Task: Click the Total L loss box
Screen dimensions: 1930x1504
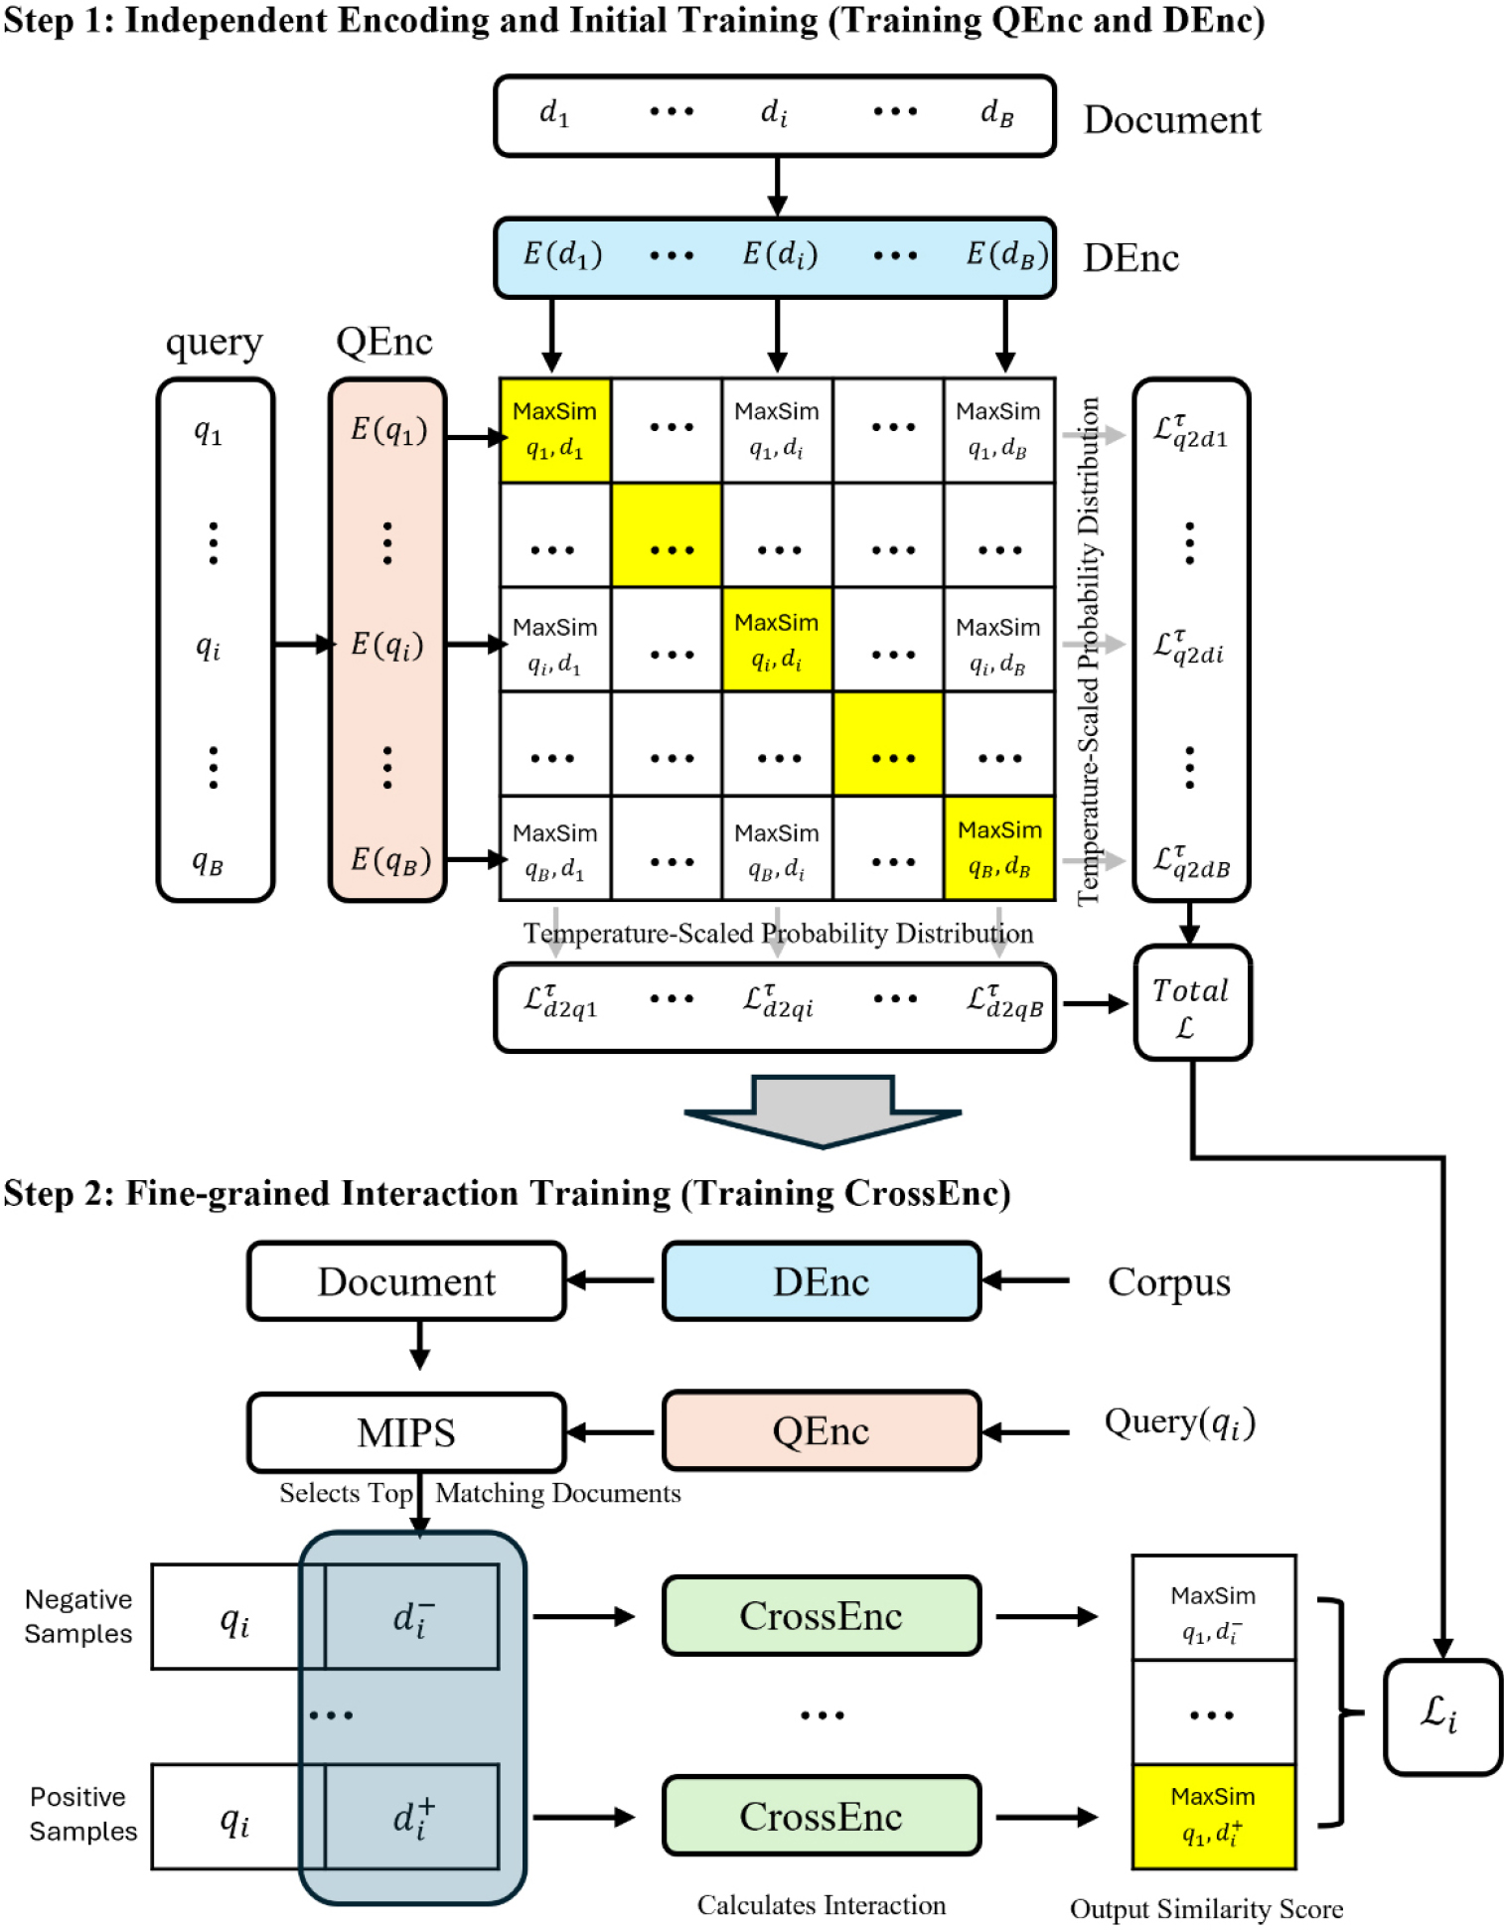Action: pyautogui.click(x=1191, y=1003)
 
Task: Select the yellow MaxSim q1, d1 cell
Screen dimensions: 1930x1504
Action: pyautogui.click(x=554, y=431)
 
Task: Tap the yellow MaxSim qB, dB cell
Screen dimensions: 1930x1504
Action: pyautogui.click(x=998, y=848)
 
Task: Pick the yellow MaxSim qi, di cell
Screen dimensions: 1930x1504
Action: pyautogui.click(x=776, y=639)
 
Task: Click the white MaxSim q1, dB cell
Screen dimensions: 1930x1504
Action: pyautogui.click(x=998, y=431)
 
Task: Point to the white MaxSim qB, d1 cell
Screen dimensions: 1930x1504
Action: pyautogui.click(x=554, y=849)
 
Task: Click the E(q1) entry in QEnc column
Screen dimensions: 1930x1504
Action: pyautogui.click(x=388, y=430)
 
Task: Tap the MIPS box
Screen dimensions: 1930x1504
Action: pyautogui.click(x=406, y=1432)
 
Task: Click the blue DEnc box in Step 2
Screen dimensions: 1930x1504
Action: pyautogui.click(x=821, y=1281)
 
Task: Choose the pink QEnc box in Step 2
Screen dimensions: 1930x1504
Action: pyautogui.click(x=821, y=1431)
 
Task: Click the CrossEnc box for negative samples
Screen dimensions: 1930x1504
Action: pyautogui.click(x=821, y=1616)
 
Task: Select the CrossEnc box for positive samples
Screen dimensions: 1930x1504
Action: pyautogui.click(x=821, y=1816)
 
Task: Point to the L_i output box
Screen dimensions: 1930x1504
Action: pyautogui.click(x=1441, y=1715)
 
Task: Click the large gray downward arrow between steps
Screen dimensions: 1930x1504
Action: pyautogui.click(x=823, y=1111)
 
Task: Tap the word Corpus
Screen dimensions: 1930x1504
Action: pyautogui.click(x=1168, y=1282)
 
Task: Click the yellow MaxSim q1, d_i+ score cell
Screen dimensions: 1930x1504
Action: pyautogui.click(x=1213, y=1816)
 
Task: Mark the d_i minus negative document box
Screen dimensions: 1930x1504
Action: pyautogui.click(x=412, y=1617)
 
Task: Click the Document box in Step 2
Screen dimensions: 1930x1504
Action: pyautogui.click(x=406, y=1281)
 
